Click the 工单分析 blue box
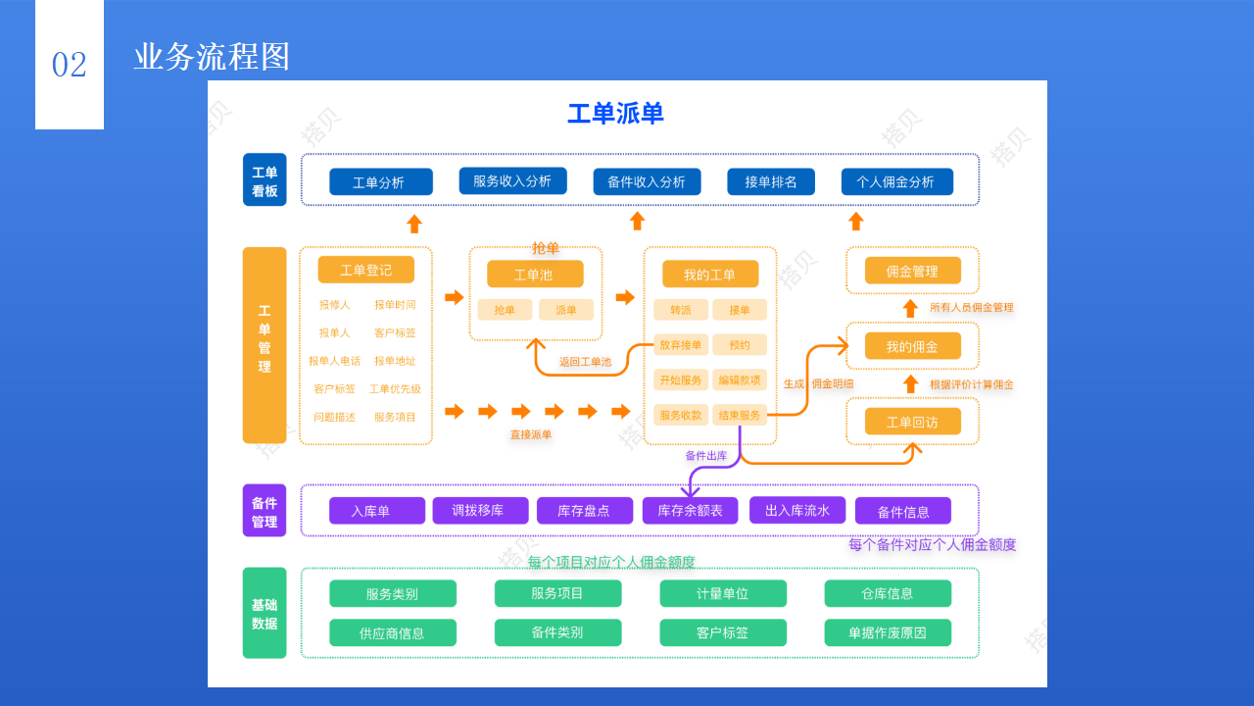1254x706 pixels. (x=380, y=182)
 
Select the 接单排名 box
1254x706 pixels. (x=770, y=182)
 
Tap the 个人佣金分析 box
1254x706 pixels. (x=896, y=182)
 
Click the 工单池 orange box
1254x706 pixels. (x=534, y=275)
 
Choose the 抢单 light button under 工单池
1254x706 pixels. (x=505, y=310)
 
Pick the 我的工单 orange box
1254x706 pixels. (x=709, y=275)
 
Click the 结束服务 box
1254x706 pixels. (x=739, y=415)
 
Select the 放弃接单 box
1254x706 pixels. (x=681, y=345)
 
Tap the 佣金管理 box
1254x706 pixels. (x=912, y=272)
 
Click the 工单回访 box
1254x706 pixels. (x=912, y=422)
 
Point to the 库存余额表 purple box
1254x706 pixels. (x=690, y=511)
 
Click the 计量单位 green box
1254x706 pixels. (x=722, y=593)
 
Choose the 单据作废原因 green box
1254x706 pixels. (x=887, y=633)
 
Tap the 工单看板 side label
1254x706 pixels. (x=265, y=180)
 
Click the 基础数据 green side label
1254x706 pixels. (x=265, y=614)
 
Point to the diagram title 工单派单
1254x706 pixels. (x=615, y=114)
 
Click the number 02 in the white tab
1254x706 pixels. (x=70, y=66)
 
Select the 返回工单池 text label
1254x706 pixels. (x=585, y=362)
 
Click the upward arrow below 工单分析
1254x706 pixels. (x=414, y=223)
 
